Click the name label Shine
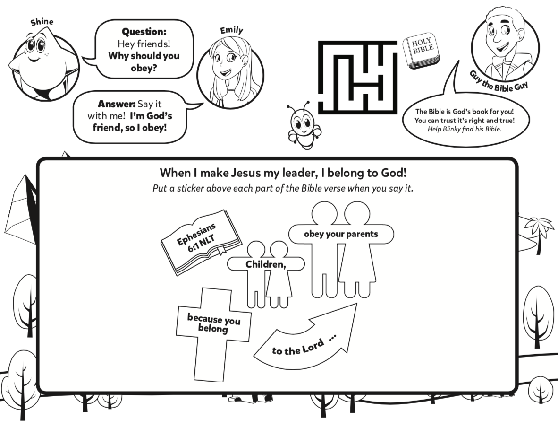42,22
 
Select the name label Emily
231,31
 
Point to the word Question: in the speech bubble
144,32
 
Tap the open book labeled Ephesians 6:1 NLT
201,242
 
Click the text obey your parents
341,234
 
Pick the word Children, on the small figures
266,264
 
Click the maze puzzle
357,78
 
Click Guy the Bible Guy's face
502,37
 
